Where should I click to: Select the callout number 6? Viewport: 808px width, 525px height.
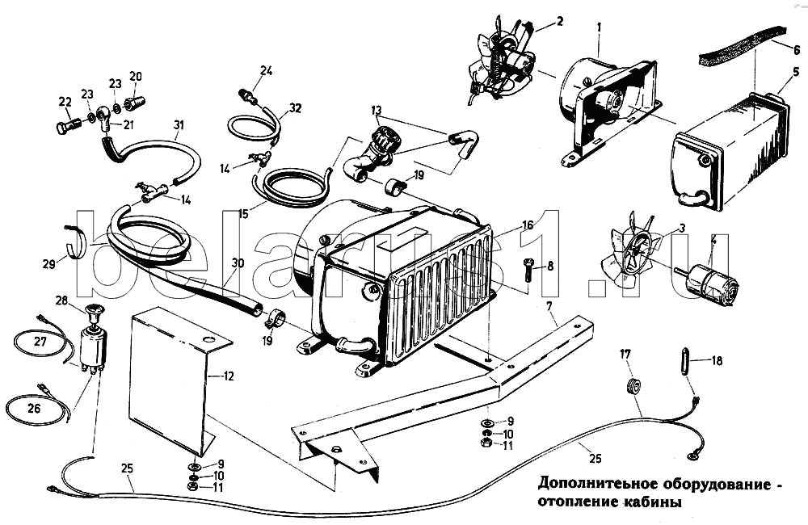point(797,48)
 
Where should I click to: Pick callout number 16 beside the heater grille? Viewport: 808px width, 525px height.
point(527,225)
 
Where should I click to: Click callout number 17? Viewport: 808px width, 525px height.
point(625,354)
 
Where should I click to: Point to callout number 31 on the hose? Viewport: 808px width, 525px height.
point(179,124)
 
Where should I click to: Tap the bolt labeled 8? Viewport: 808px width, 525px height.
point(528,268)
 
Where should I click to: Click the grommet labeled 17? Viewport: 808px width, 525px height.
point(634,385)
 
